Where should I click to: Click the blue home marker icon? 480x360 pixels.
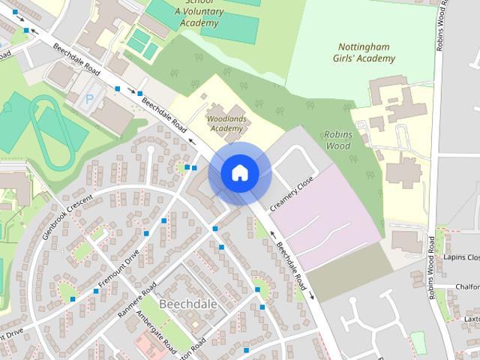pos(239,173)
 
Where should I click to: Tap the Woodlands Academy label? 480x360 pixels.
pos(226,123)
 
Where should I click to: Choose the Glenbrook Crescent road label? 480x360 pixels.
pos(67,217)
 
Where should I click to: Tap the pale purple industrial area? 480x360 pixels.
pos(330,221)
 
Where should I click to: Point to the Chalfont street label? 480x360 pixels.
pos(465,286)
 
